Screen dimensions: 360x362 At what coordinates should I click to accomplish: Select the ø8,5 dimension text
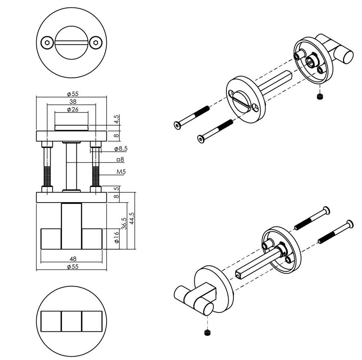[121, 149]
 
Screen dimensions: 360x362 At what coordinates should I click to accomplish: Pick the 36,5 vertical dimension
[124, 223]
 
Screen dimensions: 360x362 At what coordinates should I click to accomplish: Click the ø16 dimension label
[117, 238]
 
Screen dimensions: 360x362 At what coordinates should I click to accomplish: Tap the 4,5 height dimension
[117, 119]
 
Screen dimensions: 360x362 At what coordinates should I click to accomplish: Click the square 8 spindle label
[120, 160]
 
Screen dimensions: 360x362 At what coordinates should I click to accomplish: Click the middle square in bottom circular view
[71, 321]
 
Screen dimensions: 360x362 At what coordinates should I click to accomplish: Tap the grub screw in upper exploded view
[319, 97]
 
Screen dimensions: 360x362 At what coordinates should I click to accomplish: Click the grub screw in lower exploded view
[207, 333]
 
